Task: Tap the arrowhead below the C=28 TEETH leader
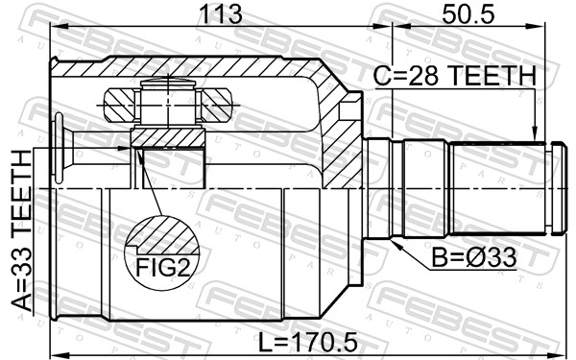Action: (535, 134)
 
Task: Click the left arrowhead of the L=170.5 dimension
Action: (56, 348)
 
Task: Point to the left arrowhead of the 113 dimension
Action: (56, 29)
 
